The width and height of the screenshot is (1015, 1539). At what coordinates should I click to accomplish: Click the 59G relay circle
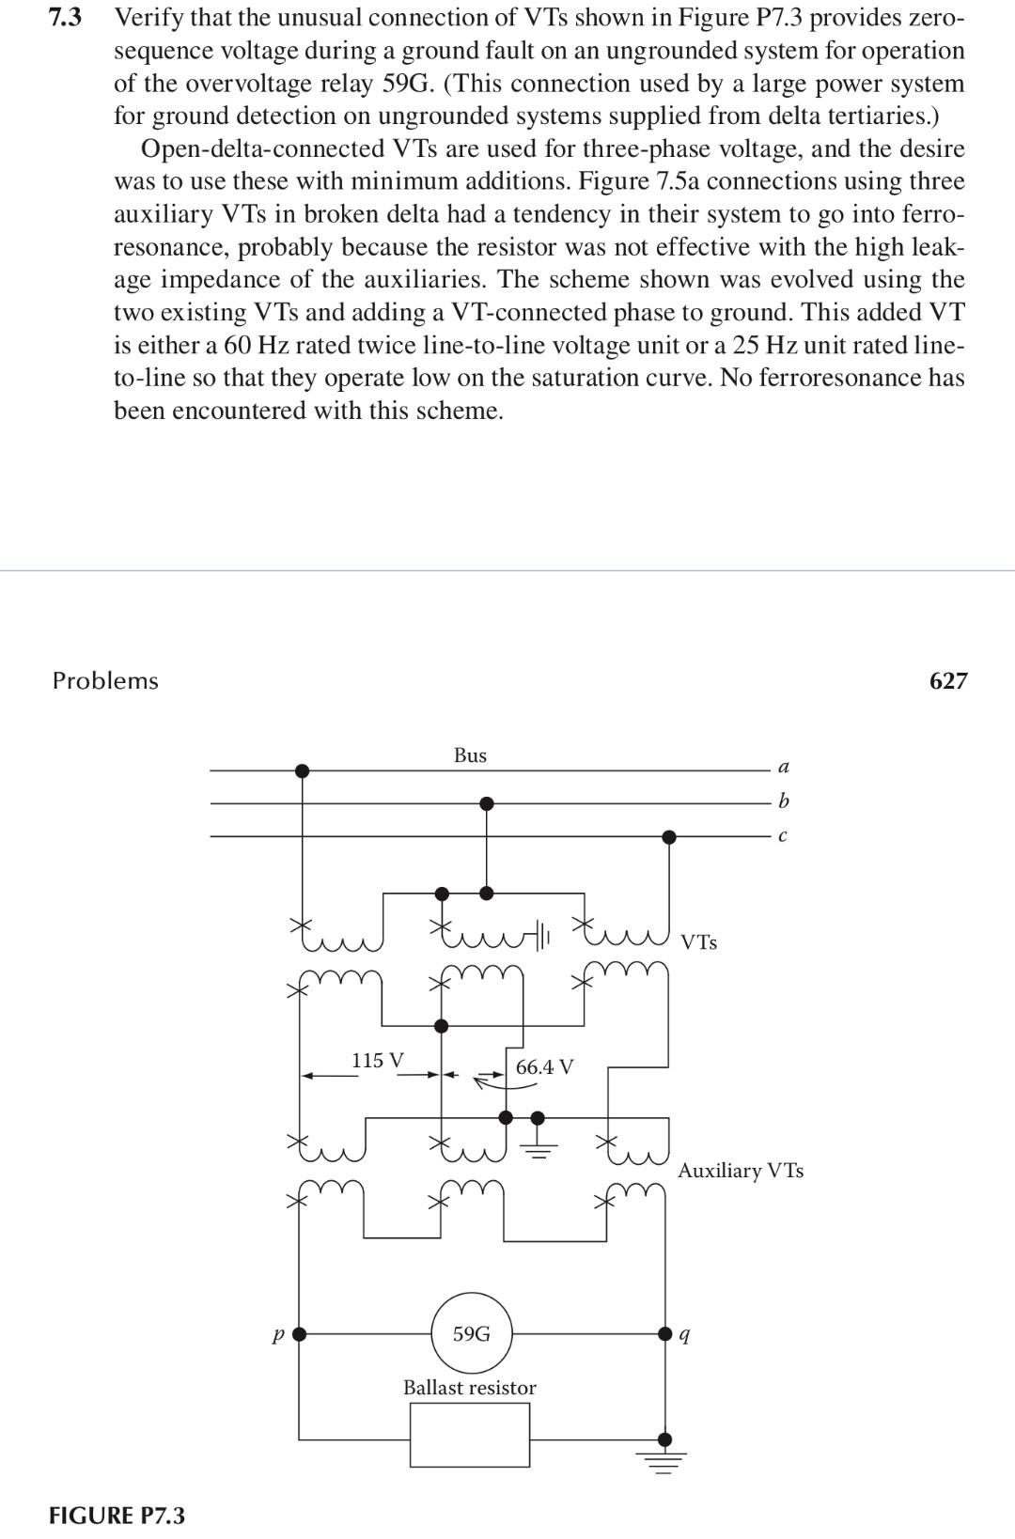472,1333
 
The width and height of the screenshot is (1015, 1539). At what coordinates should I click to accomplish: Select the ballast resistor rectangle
470,1435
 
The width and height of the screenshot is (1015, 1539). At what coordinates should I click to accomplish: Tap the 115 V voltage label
378,1060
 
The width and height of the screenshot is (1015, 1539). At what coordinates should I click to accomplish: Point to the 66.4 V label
545,1066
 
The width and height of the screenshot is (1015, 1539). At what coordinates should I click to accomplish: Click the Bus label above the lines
470,755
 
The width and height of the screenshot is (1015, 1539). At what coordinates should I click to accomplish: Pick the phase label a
784,767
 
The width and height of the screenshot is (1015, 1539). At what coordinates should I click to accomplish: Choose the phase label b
784,801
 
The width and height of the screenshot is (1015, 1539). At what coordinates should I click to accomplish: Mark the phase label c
783,835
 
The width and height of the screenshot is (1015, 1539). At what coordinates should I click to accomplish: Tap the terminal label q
685,1334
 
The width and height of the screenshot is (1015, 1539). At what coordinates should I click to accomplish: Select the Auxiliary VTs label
741,1171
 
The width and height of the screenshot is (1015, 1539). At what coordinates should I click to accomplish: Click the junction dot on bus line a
302,770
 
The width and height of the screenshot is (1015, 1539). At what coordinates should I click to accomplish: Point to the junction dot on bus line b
486,803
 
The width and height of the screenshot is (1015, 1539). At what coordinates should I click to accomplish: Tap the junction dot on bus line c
668,836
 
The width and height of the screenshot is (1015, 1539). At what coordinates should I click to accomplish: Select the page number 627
947,681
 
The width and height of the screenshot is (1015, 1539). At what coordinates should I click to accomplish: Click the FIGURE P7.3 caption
117,1516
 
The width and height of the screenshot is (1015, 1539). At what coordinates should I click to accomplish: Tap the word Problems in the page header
105,681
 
